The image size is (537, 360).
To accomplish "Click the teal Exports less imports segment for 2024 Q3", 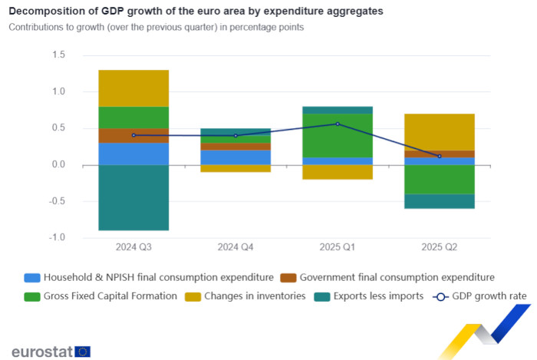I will (133, 197).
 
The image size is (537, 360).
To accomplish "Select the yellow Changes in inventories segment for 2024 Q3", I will (133, 88).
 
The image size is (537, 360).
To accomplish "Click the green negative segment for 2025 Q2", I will (440, 179).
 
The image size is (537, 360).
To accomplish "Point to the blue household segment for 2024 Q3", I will (133, 154).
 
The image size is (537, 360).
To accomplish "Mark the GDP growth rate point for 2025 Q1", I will (338, 124).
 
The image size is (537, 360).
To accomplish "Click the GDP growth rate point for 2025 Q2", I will (440, 156).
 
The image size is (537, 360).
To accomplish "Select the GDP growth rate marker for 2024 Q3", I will (133, 135).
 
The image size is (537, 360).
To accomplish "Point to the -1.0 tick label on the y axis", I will (58, 237).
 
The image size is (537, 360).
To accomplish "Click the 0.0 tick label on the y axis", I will (59, 165).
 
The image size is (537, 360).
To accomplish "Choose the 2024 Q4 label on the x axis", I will (236, 248).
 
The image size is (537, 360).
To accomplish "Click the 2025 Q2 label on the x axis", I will (440, 248).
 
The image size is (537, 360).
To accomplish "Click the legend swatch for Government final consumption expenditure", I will (288, 277).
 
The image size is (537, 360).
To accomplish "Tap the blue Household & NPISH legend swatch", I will (32, 277).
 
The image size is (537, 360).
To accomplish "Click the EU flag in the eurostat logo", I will (83, 352).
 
